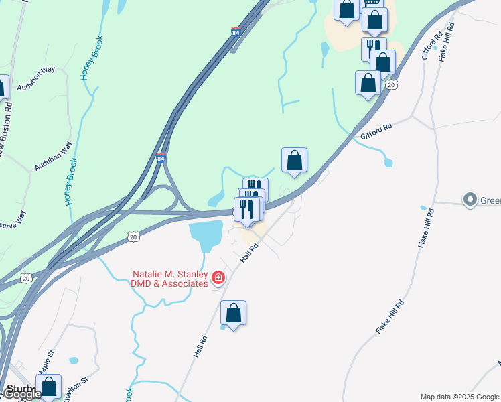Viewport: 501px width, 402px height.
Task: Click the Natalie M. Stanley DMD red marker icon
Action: point(218,277)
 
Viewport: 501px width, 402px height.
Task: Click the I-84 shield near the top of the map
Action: point(235,31)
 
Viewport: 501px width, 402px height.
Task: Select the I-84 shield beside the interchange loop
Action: point(161,158)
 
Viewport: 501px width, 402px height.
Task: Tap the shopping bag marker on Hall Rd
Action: point(233,313)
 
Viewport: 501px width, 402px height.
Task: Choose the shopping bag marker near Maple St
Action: point(48,387)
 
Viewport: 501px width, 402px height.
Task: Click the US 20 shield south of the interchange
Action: point(134,237)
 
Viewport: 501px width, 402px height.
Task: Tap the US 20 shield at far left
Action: point(26,278)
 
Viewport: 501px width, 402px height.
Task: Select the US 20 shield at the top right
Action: point(392,84)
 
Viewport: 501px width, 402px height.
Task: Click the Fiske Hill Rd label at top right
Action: point(447,42)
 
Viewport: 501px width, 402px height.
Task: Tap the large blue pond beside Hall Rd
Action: point(206,235)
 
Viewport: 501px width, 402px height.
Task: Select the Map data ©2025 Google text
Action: point(459,397)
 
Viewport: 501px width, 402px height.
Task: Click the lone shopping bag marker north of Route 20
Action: point(294,160)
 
